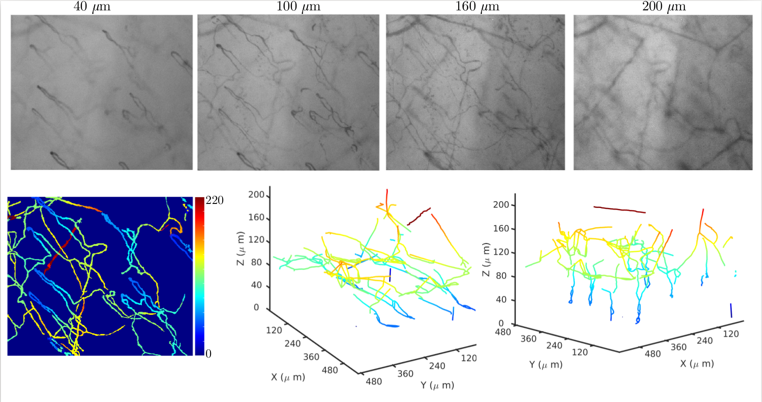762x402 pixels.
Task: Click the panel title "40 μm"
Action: click(92, 7)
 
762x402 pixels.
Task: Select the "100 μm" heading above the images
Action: click(298, 7)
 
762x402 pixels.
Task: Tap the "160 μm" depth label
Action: click(477, 7)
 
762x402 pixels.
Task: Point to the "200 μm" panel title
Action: click(664, 7)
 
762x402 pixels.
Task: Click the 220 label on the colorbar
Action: click(214, 200)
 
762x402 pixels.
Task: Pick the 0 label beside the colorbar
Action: click(208, 353)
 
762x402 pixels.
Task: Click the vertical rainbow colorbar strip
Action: click(199, 276)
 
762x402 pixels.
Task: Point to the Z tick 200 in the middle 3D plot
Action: click(256, 195)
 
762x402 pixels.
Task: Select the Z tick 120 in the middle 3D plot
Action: click(256, 240)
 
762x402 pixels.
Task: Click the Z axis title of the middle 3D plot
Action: click(241, 248)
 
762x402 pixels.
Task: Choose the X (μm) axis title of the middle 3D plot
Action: click(288, 377)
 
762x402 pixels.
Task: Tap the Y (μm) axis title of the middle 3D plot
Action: click(437, 385)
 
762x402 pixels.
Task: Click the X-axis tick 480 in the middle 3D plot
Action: click(330, 370)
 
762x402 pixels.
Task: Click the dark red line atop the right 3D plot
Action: click(620, 209)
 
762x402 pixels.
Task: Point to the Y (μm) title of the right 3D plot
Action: click(546, 365)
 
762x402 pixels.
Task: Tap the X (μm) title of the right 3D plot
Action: click(697, 364)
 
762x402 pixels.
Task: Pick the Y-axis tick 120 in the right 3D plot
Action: click(579, 352)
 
